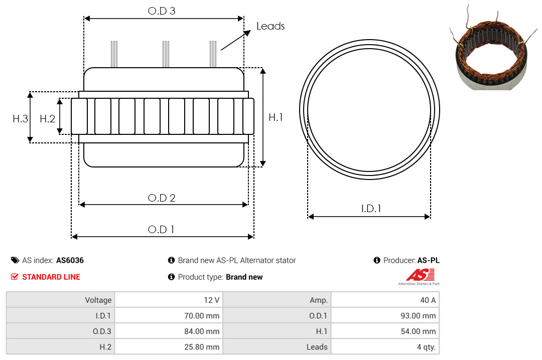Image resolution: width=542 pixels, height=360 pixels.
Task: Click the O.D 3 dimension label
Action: tap(162, 11)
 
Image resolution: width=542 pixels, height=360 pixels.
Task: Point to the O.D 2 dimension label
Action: tap(162, 198)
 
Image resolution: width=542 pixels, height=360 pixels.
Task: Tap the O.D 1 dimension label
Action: tap(161, 230)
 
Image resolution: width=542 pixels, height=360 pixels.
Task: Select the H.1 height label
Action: tap(276, 117)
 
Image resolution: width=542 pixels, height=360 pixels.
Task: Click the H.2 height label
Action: tap(47, 119)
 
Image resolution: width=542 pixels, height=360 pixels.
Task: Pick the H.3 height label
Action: tap(20, 119)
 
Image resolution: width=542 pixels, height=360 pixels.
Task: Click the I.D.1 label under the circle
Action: tap(371, 209)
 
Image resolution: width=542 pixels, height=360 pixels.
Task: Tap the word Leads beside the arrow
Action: tap(270, 26)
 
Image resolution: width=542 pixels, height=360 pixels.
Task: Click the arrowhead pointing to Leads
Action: tap(247, 33)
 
